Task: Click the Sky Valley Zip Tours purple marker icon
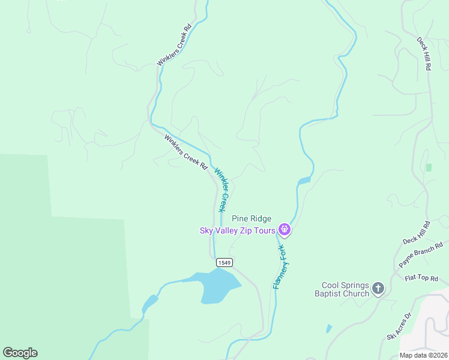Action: [285, 229]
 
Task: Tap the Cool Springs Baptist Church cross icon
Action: [378, 289]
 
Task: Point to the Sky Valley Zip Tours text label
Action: [238, 230]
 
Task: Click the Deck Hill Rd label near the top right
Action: [424, 55]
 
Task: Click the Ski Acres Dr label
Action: [399, 326]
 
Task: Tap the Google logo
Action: [20, 353]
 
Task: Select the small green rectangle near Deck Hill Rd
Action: [429, 167]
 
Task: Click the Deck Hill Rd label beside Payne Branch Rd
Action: [417, 232]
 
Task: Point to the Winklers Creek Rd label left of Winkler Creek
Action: [185, 151]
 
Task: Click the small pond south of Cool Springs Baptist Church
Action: [329, 329]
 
